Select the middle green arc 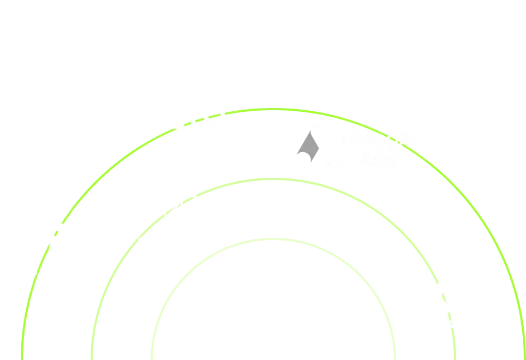click(x=273, y=179)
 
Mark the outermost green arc click(x=273, y=110)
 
